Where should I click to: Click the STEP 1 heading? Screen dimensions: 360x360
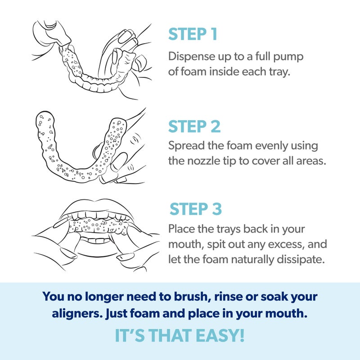click(x=193, y=34)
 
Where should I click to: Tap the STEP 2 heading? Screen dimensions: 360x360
click(x=194, y=126)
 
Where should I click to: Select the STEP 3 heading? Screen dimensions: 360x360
click(x=196, y=209)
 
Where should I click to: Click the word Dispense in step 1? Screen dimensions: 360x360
click(x=192, y=57)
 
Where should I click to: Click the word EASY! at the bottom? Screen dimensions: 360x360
click(x=220, y=335)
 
